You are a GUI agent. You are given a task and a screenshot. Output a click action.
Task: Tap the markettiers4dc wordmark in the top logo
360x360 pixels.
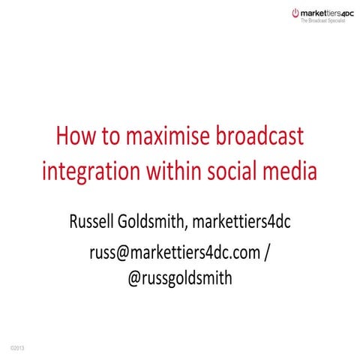pos(328,13)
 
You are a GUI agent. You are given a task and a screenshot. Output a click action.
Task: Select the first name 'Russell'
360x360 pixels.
pos(94,221)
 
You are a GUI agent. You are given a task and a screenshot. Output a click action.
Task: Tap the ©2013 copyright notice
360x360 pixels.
pos(16,349)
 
